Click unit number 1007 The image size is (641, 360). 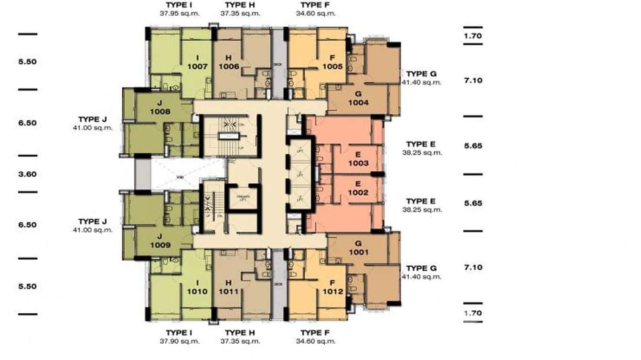(197, 67)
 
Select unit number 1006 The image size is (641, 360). (229, 67)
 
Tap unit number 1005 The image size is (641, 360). (332, 67)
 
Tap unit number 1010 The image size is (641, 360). (197, 291)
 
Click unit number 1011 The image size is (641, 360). (229, 291)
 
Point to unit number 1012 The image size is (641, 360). (332, 291)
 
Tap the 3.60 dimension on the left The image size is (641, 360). (27, 174)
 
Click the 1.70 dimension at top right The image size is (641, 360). (473, 36)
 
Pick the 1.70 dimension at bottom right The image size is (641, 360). (473, 313)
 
